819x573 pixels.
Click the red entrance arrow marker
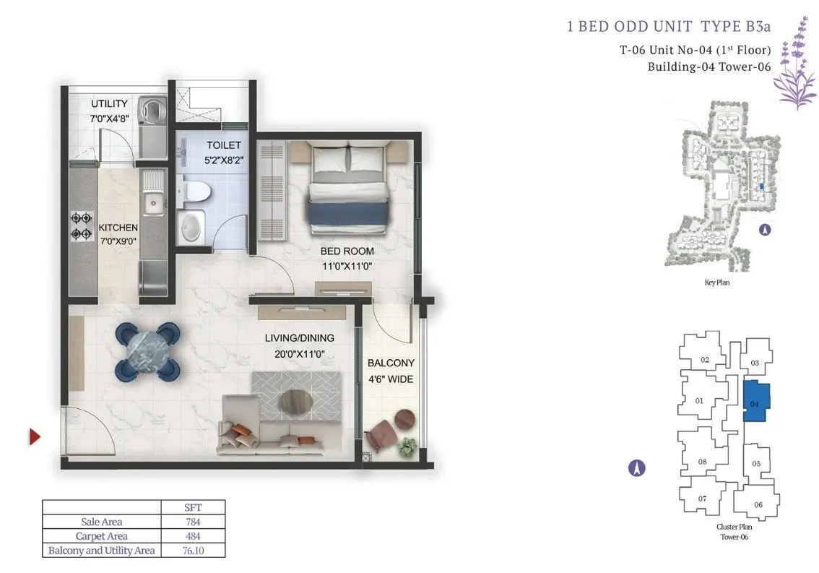[35, 436]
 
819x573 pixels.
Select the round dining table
[148, 350]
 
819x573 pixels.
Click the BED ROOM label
[347, 251]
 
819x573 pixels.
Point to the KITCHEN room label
[118, 228]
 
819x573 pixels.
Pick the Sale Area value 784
[193, 522]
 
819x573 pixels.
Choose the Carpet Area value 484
[193, 536]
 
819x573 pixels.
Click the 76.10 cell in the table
[193, 551]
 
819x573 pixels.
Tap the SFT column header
[193, 508]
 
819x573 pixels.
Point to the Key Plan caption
[717, 283]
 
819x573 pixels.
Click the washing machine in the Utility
[153, 109]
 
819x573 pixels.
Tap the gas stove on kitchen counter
[82, 226]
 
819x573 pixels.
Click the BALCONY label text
[391, 363]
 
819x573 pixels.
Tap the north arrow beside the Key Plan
[765, 230]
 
